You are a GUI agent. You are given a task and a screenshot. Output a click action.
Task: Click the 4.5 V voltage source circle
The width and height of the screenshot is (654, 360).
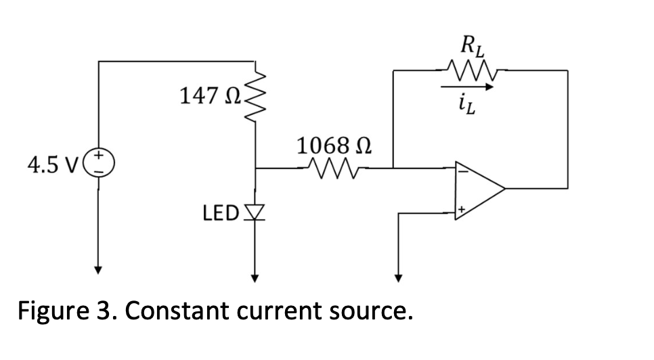(99, 164)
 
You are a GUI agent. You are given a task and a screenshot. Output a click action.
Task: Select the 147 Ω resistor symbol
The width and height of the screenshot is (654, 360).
(255, 97)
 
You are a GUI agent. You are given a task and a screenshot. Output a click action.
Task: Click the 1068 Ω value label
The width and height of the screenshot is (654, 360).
(327, 144)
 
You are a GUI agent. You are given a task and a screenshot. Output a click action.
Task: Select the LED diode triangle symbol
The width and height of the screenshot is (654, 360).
(255, 214)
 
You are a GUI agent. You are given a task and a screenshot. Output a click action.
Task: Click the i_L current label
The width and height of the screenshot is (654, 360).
(467, 102)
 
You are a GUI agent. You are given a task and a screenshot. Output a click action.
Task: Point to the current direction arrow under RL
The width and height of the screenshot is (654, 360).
(466, 87)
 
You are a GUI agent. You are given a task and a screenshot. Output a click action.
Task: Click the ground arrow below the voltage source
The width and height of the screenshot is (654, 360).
(99, 268)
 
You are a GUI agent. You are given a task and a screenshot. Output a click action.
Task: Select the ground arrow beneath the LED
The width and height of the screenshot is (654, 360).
(255, 273)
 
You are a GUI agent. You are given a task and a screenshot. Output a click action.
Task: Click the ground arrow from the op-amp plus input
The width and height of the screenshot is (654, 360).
(398, 275)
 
